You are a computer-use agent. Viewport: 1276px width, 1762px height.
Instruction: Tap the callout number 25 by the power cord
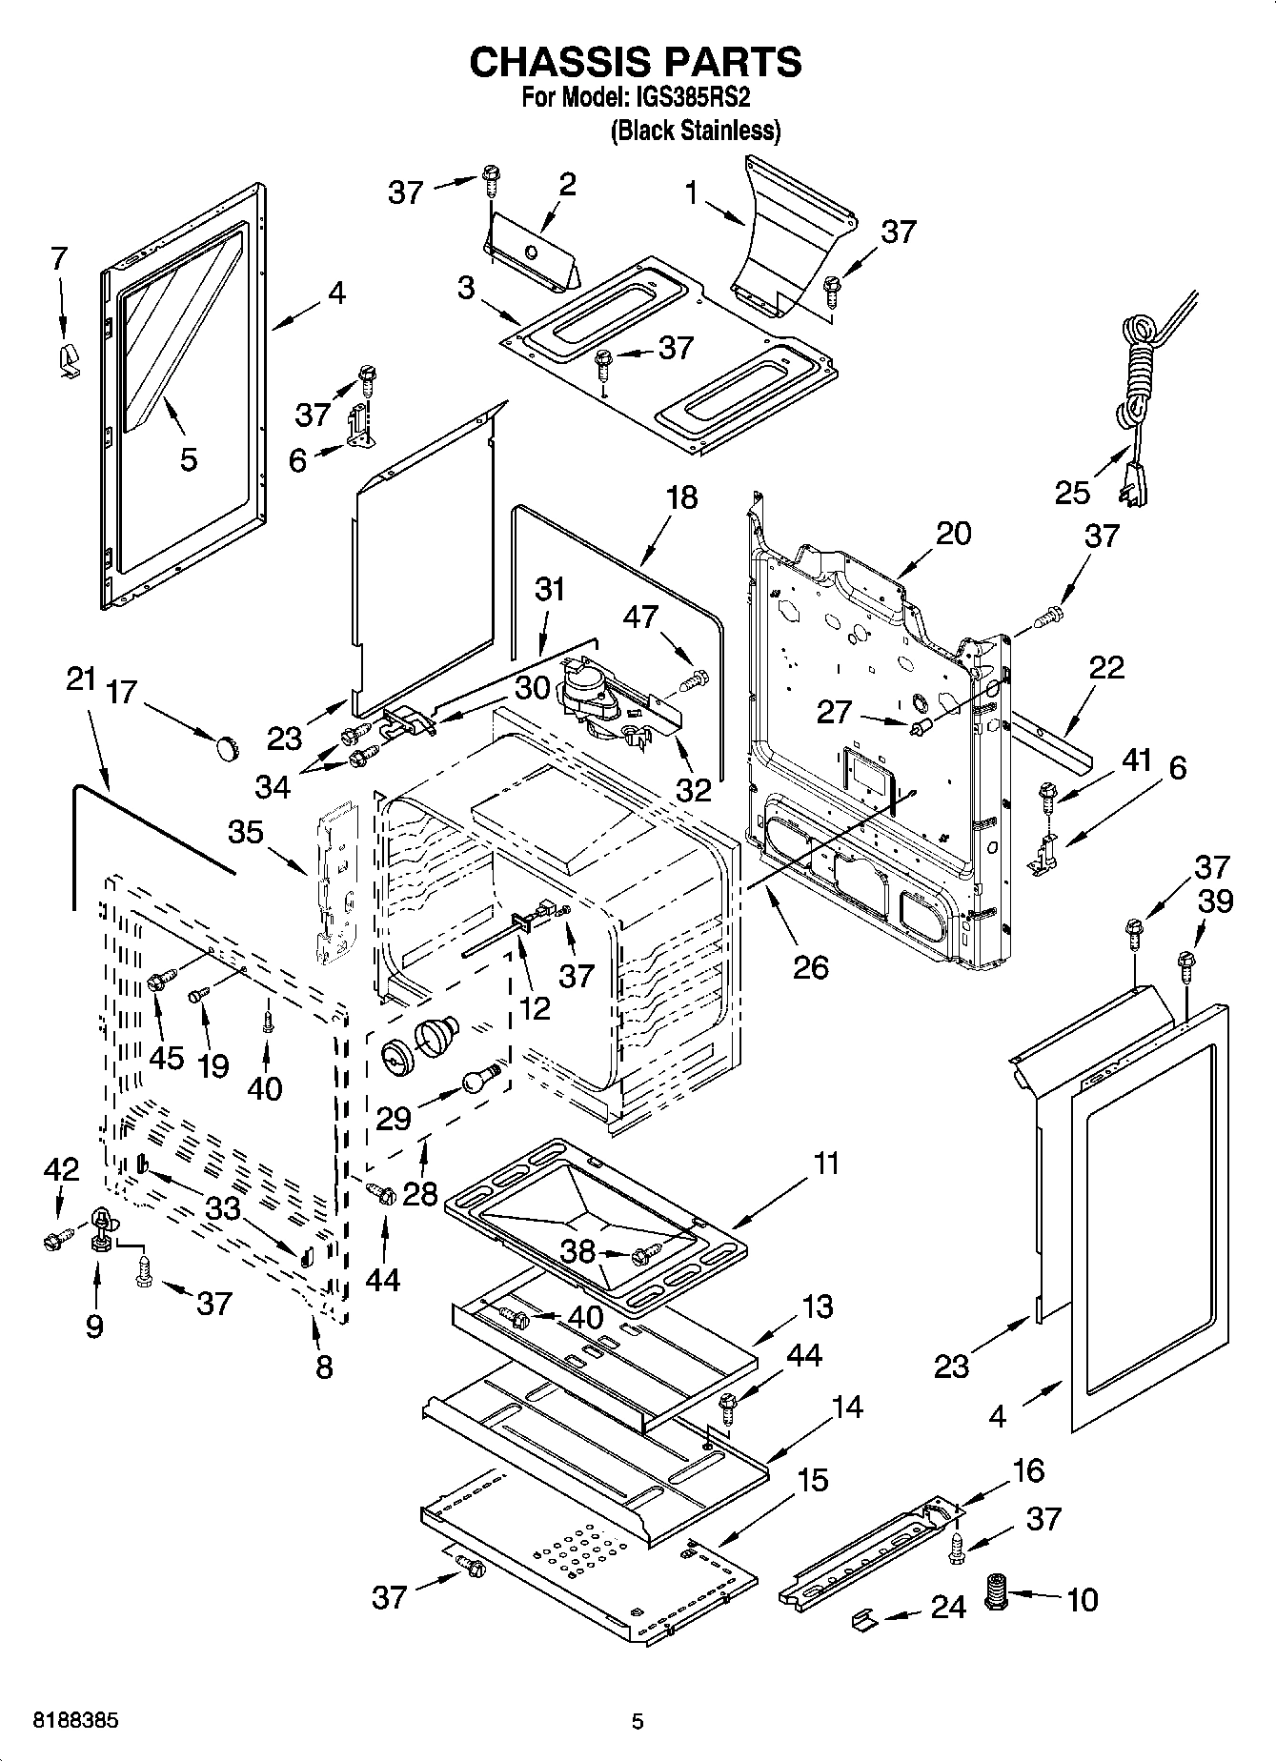point(1071,492)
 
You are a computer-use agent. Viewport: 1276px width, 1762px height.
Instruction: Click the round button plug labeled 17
point(226,748)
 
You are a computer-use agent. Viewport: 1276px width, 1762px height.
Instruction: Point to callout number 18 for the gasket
point(682,497)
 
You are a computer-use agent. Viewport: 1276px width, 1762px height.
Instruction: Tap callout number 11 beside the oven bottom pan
point(825,1164)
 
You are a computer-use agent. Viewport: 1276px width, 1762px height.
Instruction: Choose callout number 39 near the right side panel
point(1216,901)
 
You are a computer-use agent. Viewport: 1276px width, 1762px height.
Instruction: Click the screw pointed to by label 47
point(696,681)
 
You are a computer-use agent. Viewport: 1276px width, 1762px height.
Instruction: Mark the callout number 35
point(245,832)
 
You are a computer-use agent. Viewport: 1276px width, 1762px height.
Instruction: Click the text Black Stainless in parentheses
point(695,131)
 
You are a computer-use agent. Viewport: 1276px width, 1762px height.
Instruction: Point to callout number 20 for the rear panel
point(953,534)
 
